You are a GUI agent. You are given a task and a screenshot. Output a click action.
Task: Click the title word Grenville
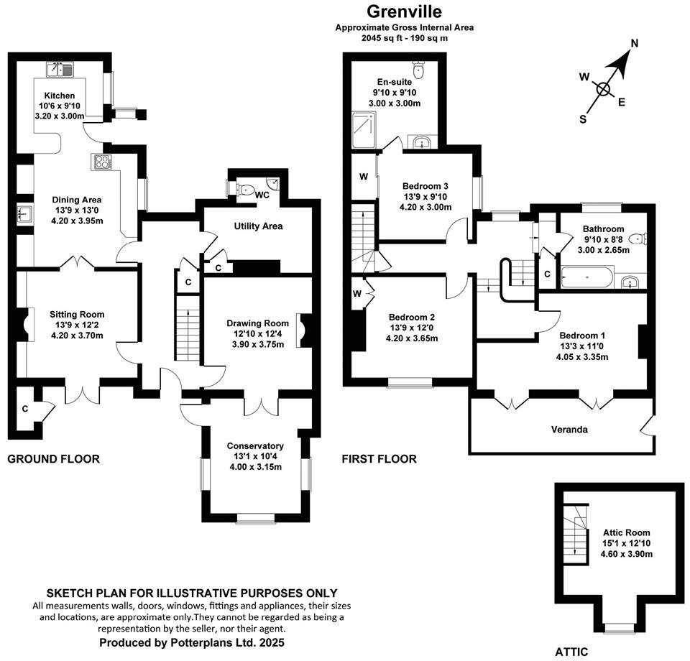tap(405, 11)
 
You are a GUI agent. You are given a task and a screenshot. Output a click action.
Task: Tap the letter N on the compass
tap(635, 44)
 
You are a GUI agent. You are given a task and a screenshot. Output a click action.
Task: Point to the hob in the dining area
tap(102, 162)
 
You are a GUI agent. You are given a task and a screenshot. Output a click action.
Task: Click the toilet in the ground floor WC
tap(247, 190)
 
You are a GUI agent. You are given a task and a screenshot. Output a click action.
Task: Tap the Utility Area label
tap(258, 226)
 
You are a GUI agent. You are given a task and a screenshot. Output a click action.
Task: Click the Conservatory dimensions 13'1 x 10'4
tap(255, 456)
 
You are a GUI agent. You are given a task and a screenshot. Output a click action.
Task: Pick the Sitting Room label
tap(77, 314)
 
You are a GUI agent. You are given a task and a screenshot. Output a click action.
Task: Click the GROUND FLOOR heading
tap(53, 459)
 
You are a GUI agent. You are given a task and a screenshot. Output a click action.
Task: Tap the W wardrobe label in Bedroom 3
tap(364, 177)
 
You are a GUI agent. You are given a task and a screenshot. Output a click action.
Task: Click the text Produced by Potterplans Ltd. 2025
tap(192, 642)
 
